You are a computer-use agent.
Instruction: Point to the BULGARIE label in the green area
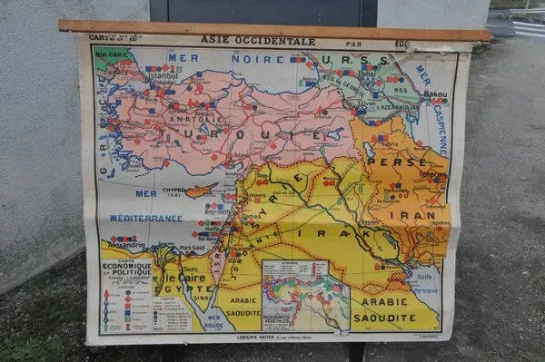(113, 54)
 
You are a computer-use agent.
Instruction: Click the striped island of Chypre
(201, 191)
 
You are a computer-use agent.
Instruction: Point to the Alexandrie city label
(126, 245)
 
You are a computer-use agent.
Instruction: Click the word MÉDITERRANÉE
(145, 219)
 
